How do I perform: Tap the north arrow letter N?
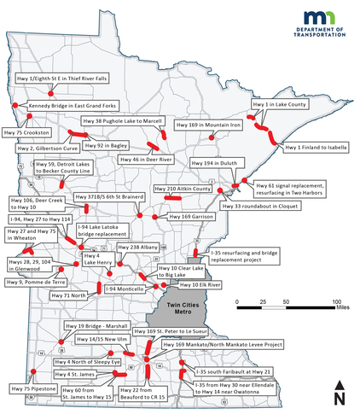click(x=340, y=397)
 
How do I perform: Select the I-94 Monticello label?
click(x=125, y=289)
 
